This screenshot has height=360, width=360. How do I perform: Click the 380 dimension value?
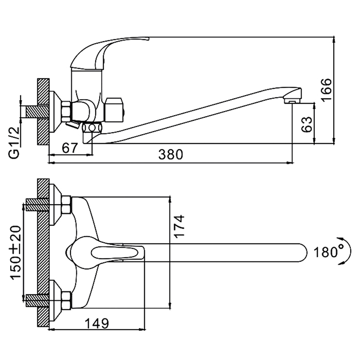170,153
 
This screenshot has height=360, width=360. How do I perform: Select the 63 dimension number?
306,124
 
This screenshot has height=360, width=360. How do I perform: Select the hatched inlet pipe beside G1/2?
32,111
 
